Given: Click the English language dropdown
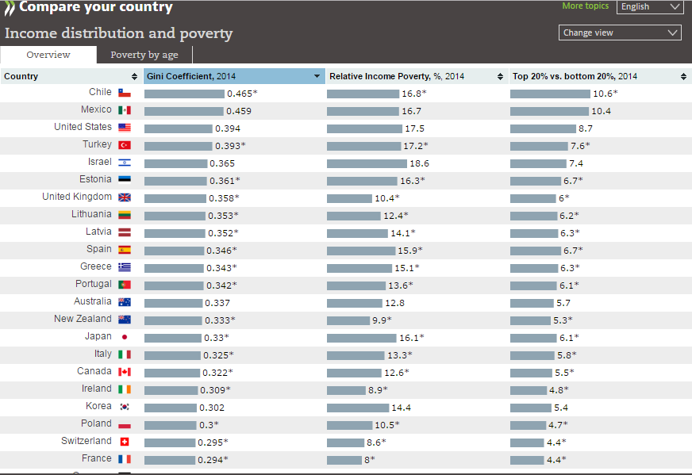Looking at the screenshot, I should pyautogui.click(x=649, y=7).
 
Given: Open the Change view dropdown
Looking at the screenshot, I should pyautogui.click(x=620, y=33).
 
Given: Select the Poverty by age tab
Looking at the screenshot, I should pyautogui.click(x=144, y=55).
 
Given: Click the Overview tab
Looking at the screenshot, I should pyautogui.click(x=48, y=55).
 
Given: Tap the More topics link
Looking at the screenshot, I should pyautogui.click(x=585, y=6).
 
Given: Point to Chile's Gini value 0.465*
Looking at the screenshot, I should pyautogui.click(x=242, y=94).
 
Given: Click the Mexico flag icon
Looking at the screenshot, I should pyautogui.click(x=125, y=110).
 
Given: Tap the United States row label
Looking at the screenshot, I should pyautogui.click(x=83, y=127).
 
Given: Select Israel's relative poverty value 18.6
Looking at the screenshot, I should pyautogui.click(x=419, y=163).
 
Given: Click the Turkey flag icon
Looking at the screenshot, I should pyautogui.click(x=125, y=145).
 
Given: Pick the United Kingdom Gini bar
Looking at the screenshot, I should pyautogui.click(x=176, y=198).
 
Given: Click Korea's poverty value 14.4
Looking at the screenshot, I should pyautogui.click(x=401, y=408).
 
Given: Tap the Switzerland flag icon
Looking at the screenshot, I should pyautogui.click(x=125, y=442).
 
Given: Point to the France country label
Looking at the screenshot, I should pyautogui.click(x=97, y=458).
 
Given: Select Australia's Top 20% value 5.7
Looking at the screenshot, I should pyautogui.click(x=563, y=303).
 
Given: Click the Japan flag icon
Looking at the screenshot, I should pyautogui.click(x=125, y=337).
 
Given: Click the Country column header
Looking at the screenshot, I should pyautogui.click(x=21, y=76).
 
